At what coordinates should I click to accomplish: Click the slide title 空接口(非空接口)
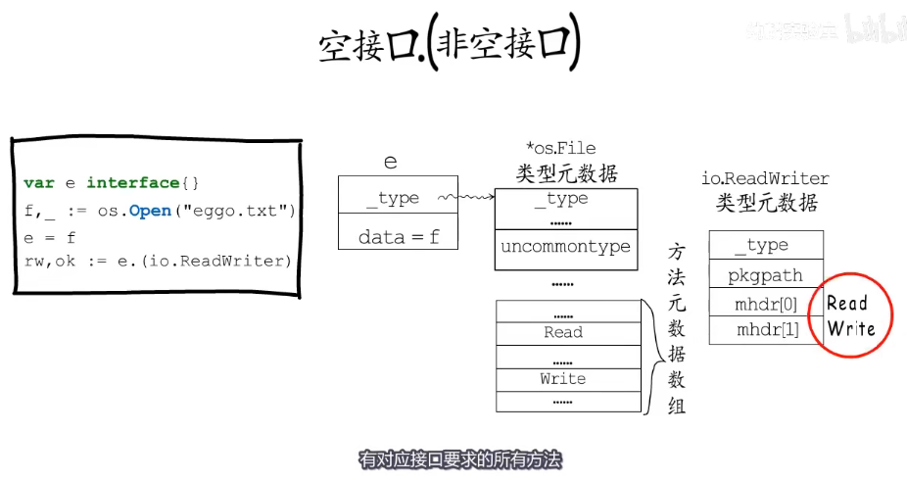[x=450, y=45]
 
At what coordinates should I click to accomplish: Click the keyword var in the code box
[x=39, y=183]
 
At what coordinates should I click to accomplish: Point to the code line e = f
[x=50, y=237]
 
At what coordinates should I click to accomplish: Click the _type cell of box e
[x=398, y=198]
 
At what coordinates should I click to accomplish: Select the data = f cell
[x=398, y=236]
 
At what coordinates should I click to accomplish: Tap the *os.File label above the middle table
[x=560, y=148]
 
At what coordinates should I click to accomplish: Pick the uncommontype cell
[x=565, y=247]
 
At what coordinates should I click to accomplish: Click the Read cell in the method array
[x=563, y=332]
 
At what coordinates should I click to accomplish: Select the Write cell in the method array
[x=563, y=379]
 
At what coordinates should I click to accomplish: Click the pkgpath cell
[x=765, y=275]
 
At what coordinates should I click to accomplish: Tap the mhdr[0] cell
[x=765, y=304]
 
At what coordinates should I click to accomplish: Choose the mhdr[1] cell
[x=765, y=330]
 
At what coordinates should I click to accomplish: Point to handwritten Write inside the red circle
[x=850, y=328]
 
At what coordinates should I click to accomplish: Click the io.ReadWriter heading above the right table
[x=765, y=178]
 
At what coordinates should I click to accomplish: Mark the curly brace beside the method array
[x=648, y=356]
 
